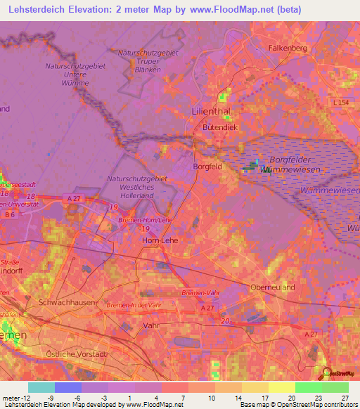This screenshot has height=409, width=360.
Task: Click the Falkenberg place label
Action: [x=288, y=47]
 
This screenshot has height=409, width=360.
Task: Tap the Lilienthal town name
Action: [x=211, y=111]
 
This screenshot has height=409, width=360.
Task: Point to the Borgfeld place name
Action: [x=207, y=167]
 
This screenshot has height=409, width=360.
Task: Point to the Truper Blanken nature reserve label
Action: [x=148, y=61]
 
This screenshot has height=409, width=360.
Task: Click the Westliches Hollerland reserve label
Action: [x=138, y=187]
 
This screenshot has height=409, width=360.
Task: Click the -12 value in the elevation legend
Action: [x=20, y=398]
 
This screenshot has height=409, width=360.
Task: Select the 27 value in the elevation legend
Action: [x=344, y=398]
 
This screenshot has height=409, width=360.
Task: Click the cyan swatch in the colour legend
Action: [x=41, y=387]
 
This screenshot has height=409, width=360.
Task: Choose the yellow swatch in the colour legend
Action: [x=281, y=387]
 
